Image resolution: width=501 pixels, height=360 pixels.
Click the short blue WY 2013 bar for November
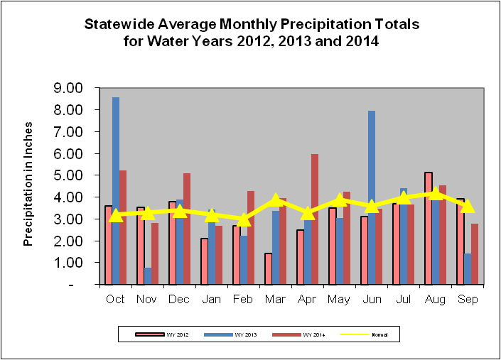click(x=148, y=276)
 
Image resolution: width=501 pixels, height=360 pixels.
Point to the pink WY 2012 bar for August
click(x=429, y=227)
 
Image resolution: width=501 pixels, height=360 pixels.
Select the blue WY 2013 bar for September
click(x=467, y=269)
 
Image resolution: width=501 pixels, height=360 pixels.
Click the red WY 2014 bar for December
click(x=186, y=227)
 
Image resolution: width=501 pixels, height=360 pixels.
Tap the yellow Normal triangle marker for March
click(x=276, y=200)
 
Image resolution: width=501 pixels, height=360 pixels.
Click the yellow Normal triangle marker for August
click(x=436, y=193)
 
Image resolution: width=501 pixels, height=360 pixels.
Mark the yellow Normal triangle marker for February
click(x=244, y=219)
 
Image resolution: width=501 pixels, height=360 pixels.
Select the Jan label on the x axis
click(x=211, y=299)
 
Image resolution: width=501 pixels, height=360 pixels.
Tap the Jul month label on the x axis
click(x=403, y=299)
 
